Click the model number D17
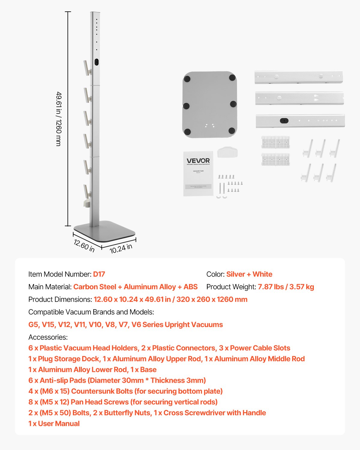coord(99,274)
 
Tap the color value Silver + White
coord(249,274)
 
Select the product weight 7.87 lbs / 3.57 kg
coord(286,287)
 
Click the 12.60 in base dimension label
coord(84,246)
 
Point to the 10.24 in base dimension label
coord(121,249)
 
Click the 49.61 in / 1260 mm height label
coord(59,119)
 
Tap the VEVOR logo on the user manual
coord(198,161)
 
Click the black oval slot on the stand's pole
coord(96,62)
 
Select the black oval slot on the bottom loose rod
coord(284,121)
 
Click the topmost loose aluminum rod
coord(298,77)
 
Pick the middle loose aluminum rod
coord(299,98)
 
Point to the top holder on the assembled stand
coord(87,68)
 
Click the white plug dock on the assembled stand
coord(87,203)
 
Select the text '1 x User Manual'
coord(54,424)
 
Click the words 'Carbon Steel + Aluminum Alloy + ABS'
coord(135,287)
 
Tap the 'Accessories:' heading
coord(48,337)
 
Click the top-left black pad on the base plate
coord(187,79)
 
